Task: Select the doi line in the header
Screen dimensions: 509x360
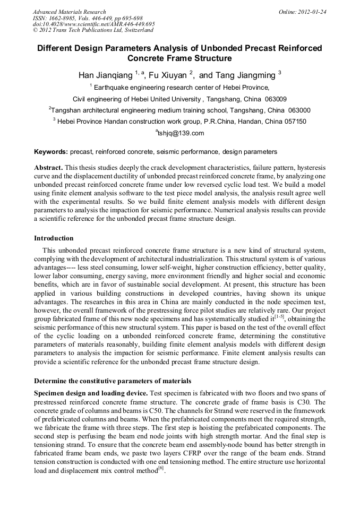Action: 94,24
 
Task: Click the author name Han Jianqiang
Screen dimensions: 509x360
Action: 105,75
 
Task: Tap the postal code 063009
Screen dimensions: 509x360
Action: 276,99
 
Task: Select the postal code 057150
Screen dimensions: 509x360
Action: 293,122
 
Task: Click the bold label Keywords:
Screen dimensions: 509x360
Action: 51,152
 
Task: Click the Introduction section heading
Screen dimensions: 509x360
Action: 54,238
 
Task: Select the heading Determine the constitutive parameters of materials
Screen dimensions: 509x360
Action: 113,381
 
